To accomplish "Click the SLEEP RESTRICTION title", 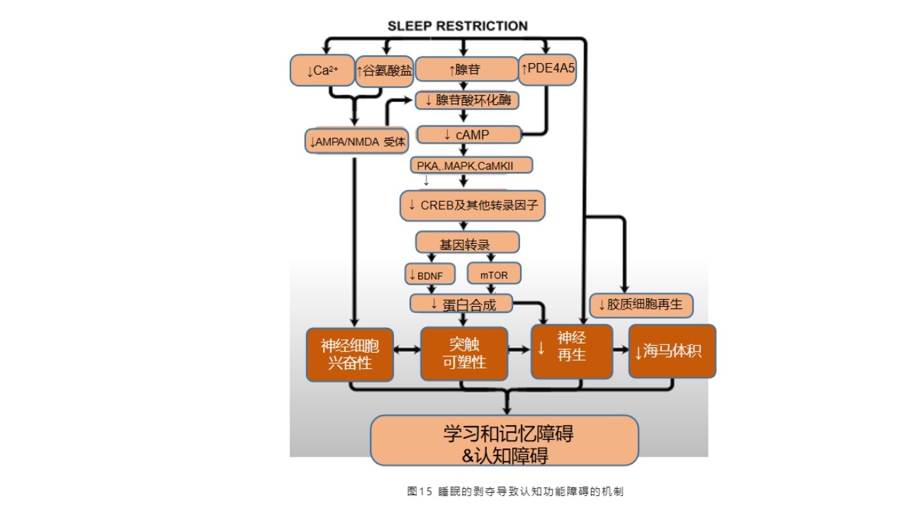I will tap(457, 26).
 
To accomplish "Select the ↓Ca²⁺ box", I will tap(321, 71).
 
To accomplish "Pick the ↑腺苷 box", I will tap(466, 69).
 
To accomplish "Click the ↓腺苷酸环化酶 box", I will tap(467, 101).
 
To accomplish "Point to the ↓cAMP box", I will tap(467, 134).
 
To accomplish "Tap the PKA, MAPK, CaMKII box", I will tap(471, 165).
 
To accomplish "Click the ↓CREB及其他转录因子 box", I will tap(473, 205).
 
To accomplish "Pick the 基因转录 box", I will tap(466, 244).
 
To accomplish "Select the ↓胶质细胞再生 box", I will tap(641, 305).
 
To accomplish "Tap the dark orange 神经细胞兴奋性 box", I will tap(349, 354).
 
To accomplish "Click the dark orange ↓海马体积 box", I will tap(672, 351).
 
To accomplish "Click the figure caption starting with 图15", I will tap(515, 491).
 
